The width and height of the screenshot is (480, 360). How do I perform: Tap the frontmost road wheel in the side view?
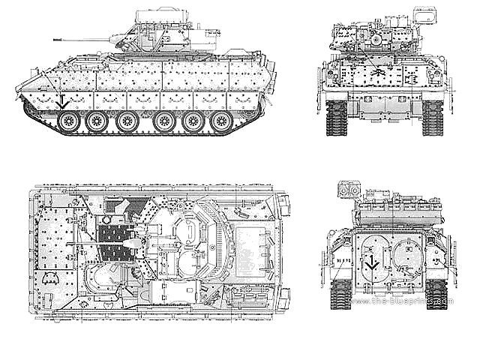click(x=65, y=120)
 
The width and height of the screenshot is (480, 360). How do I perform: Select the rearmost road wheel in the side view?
click(x=223, y=120)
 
